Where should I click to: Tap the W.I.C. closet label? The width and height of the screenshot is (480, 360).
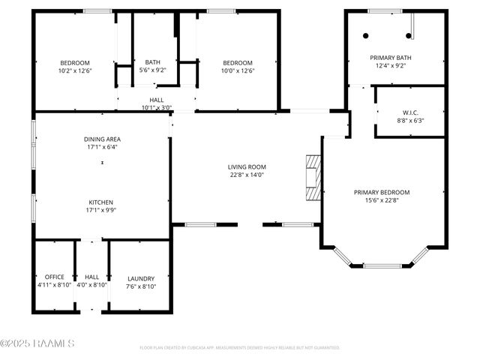coord(410,112)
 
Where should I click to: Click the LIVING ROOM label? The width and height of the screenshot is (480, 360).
coord(247,166)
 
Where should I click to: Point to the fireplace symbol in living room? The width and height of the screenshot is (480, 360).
coord(313,178)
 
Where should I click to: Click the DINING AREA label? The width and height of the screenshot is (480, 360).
coord(102,139)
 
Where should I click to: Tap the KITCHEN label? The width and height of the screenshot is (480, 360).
coord(102,202)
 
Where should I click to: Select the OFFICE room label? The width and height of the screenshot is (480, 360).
coord(54,277)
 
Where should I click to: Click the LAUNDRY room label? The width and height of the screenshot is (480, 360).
coord(140,277)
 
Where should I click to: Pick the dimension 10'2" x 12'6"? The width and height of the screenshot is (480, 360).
coord(75,70)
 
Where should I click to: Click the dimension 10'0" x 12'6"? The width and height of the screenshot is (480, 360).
coord(237,70)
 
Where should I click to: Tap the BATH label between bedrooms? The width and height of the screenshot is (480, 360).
coord(153,62)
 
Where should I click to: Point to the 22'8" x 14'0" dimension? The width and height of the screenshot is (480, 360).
coord(247,175)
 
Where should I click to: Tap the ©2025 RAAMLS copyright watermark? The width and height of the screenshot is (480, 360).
coord(37,343)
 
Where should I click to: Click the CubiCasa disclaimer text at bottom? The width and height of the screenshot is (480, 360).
coord(240,348)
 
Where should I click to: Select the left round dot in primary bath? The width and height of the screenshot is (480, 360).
coord(366,35)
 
